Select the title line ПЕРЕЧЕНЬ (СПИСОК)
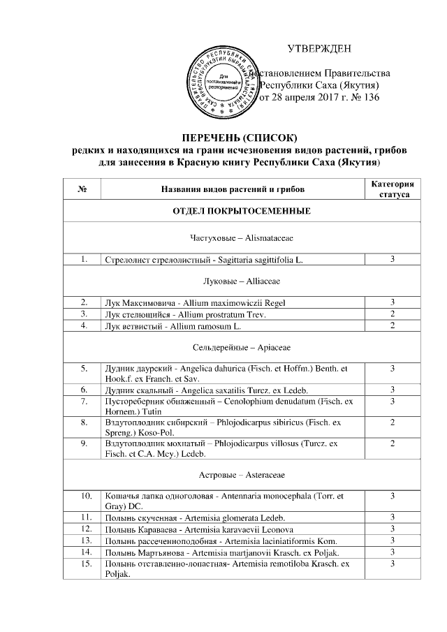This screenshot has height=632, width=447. coord(240,135)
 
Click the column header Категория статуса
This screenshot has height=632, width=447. coord(393,189)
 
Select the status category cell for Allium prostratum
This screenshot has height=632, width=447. coord(393,314)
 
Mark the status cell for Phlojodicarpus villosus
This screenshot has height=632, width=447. coord(393,444)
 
